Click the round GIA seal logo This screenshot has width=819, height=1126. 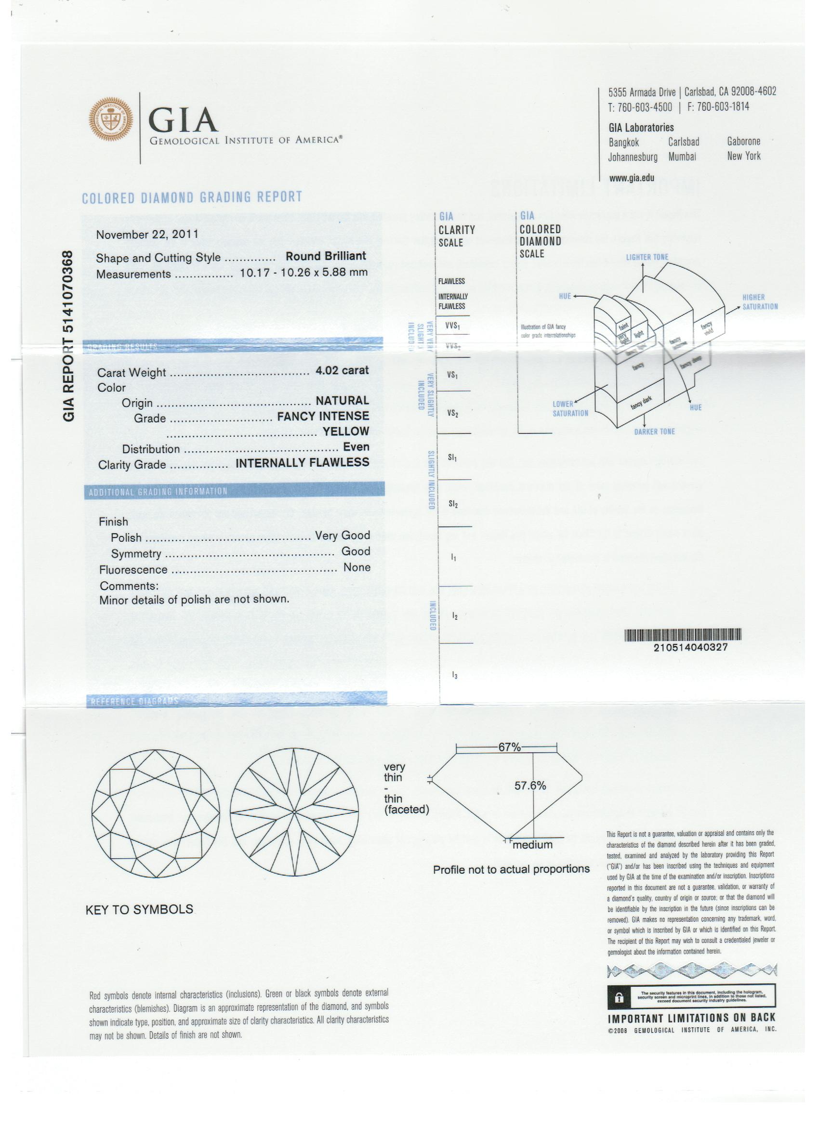click(x=111, y=119)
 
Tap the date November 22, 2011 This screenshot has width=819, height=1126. click(x=147, y=235)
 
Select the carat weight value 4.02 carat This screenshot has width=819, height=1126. click(x=342, y=370)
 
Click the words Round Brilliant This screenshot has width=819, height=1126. click(x=325, y=256)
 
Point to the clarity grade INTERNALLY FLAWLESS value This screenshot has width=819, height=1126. click(x=302, y=463)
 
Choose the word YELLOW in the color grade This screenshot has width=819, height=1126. click(x=346, y=432)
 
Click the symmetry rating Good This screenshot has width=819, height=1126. click(x=356, y=551)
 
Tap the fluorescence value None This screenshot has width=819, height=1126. click(x=357, y=567)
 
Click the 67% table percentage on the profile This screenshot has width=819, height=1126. click(x=509, y=747)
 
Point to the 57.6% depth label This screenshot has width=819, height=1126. click(x=530, y=786)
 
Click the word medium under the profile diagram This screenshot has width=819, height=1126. click(x=532, y=845)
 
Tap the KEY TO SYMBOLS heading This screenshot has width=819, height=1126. click(x=140, y=910)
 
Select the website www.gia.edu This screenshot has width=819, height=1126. click(x=631, y=178)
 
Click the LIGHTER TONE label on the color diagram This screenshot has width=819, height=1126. click(x=647, y=257)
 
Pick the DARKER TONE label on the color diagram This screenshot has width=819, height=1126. click(x=654, y=432)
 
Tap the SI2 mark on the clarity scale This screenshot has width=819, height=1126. click(x=453, y=504)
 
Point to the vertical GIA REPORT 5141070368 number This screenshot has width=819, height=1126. click(x=68, y=337)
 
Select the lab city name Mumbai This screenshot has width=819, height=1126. click(x=682, y=157)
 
